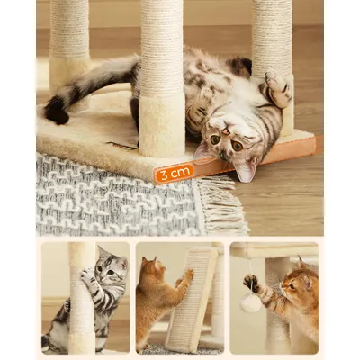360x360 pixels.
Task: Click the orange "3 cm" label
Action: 174,172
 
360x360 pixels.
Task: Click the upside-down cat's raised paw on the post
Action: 275,88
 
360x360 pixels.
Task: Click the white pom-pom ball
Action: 249,303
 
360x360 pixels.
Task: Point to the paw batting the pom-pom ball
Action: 252,283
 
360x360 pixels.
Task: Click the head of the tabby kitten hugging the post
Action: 111,268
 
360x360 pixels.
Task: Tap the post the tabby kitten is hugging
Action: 81,306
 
